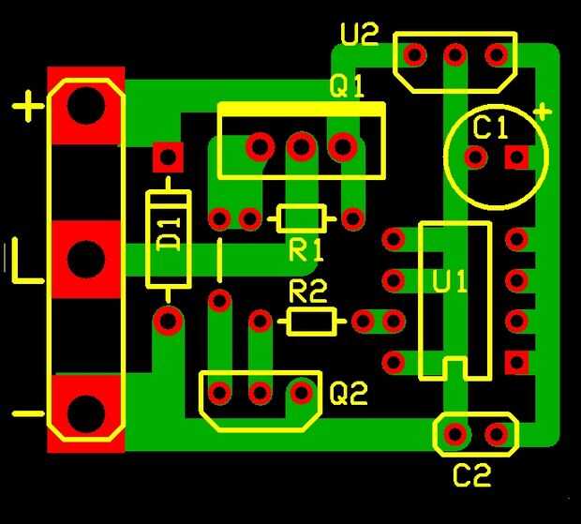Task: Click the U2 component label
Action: tap(360, 35)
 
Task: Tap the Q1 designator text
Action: tap(347, 86)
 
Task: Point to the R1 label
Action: tap(306, 250)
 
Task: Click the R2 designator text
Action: tap(308, 292)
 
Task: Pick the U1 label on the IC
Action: tap(449, 281)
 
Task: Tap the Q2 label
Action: tap(349, 393)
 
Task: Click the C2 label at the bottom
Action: tap(471, 475)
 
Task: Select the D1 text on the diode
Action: tap(169, 235)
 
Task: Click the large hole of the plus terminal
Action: tap(86, 106)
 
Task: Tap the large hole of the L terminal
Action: tap(86, 259)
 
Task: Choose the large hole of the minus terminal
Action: tap(86, 413)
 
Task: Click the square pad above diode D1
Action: tap(169, 157)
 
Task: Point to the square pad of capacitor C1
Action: tap(517, 157)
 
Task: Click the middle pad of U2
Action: tap(455, 55)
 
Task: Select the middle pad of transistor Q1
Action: tap(301, 147)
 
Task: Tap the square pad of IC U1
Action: tap(516, 362)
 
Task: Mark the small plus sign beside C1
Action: tap(542, 112)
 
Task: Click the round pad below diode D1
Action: tap(169, 321)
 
